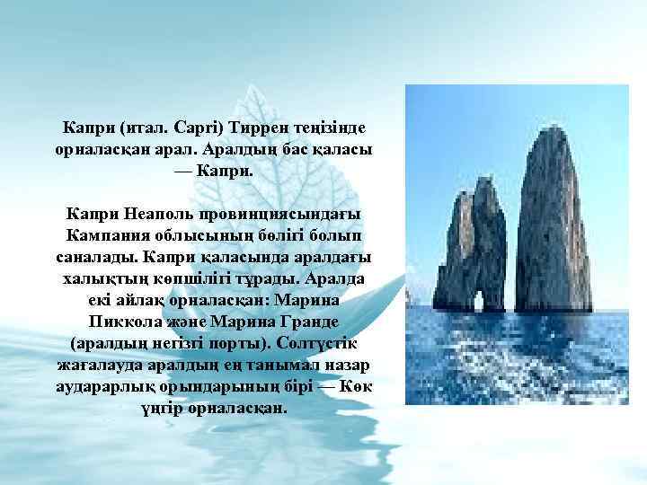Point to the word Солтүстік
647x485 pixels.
click(x=321, y=343)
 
